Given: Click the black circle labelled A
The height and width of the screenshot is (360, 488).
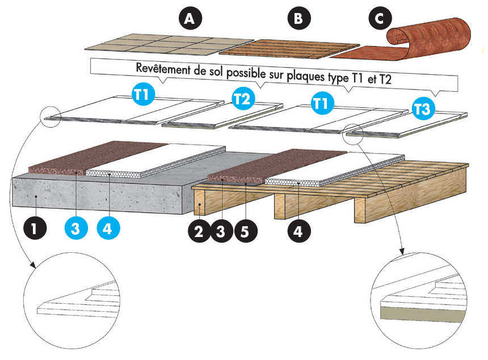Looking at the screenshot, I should (x=190, y=19).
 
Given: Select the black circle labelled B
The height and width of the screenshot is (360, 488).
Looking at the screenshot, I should (x=298, y=19).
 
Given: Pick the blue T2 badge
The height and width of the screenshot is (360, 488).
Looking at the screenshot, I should (x=243, y=99).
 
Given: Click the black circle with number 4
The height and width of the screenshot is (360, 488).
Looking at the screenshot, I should (x=300, y=231).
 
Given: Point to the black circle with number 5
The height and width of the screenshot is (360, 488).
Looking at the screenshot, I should (x=245, y=231).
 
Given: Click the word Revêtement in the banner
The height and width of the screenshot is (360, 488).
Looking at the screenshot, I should (x=163, y=68).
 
